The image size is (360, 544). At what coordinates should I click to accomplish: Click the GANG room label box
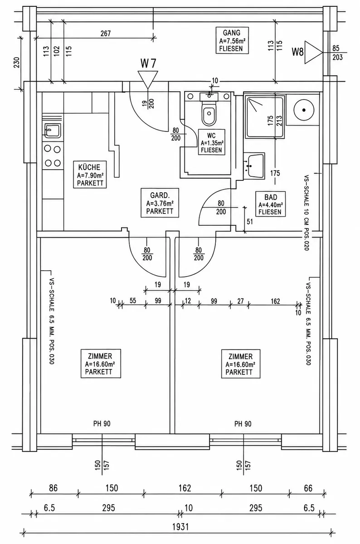(x=232, y=40)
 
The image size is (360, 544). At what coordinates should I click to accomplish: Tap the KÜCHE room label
(x=90, y=175)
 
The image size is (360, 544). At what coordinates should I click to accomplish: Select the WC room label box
(x=211, y=142)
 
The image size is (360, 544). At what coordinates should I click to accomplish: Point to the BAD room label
(x=271, y=204)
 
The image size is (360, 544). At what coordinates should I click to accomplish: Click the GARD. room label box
(x=160, y=203)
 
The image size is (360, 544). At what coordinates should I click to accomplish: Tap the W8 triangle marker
(x=313, y=52)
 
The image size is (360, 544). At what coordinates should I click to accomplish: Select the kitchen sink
(x=53, y=131)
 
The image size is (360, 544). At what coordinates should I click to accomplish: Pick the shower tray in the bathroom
(x=264, y=117)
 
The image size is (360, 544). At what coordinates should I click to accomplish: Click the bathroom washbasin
(x=254, y=166)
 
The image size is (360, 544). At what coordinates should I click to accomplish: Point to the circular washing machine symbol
(x=304, y=110)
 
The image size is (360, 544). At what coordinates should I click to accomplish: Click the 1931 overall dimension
(x=180, y=527)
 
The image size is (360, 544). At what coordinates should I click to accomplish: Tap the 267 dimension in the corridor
(x=106, y=34)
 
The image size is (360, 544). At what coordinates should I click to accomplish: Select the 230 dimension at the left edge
(x=16, y=63)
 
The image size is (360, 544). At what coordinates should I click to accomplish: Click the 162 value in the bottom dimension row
(x=185, y=488)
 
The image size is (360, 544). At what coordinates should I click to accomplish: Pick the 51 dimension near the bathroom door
(x=250, y=222)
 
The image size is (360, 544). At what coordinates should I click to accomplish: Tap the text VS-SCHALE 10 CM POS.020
(x=306, y=213)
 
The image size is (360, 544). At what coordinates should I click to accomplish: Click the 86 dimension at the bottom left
(x=53, y=488)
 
